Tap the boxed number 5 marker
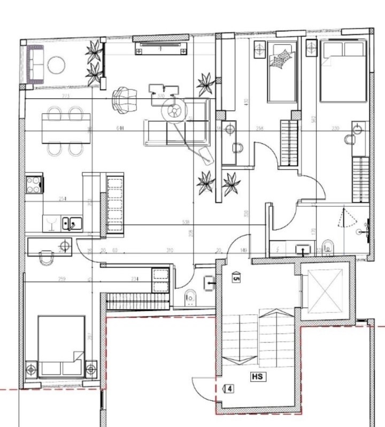coord(236,277)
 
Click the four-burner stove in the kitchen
coord(34,184)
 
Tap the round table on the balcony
coord(56,66)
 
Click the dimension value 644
coord(119,129)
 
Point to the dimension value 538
coord(186,222)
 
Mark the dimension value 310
coord(170,250)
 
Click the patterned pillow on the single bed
coord(281,58)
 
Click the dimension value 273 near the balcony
coord(66,97)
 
